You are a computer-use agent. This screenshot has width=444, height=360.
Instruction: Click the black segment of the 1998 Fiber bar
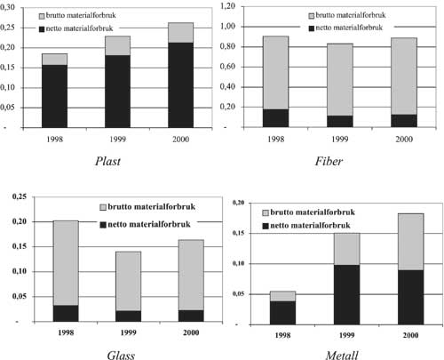point(275,118)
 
